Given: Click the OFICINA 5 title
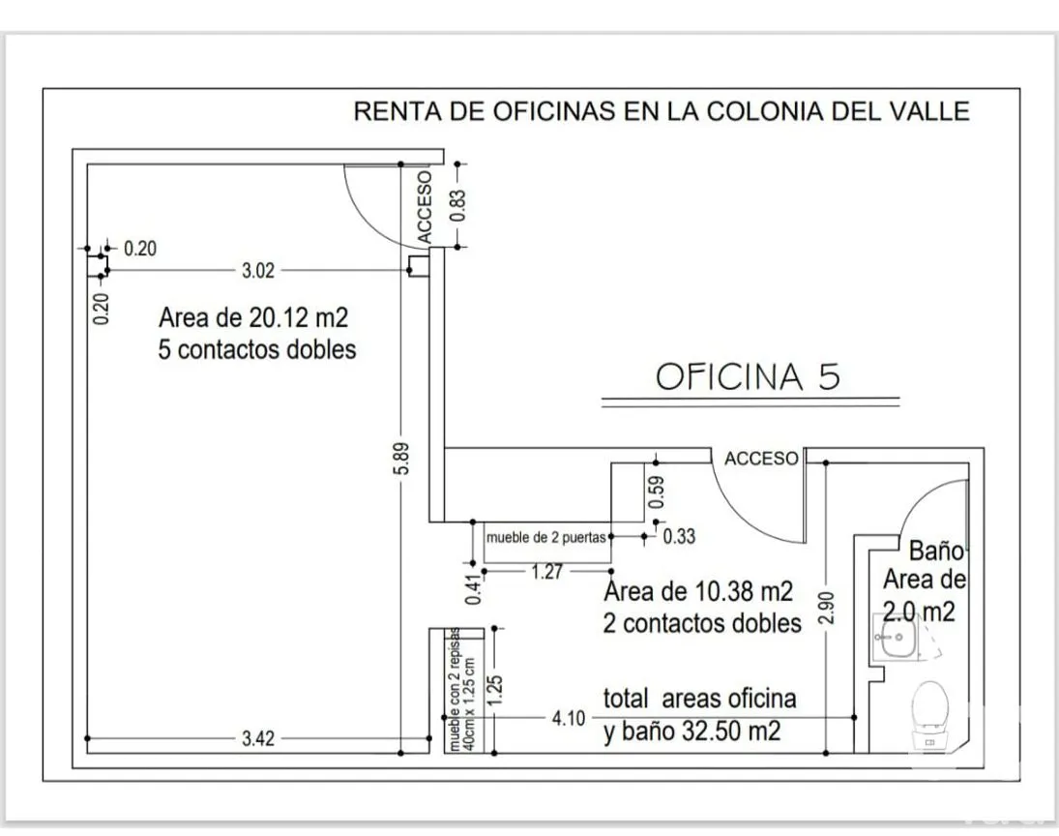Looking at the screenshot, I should [x=748, y=376].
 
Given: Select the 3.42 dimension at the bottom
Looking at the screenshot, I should [x=258, y=739].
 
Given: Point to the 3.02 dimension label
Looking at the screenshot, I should [x=258, y=271].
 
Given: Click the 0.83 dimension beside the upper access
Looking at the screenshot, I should [x=459, y=204].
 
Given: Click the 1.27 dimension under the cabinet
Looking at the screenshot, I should [x=546, y=572].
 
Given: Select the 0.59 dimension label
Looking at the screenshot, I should [x=657, y=490].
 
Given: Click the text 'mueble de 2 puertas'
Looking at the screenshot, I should [x=546, y=537].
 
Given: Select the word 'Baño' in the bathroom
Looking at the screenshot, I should [x=936, y=552].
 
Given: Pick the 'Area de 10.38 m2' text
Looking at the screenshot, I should [x=698, y=591].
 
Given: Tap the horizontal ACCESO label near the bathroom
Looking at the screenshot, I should [x=762, y=459].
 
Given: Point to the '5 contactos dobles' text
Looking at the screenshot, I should [x=257, y=349].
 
